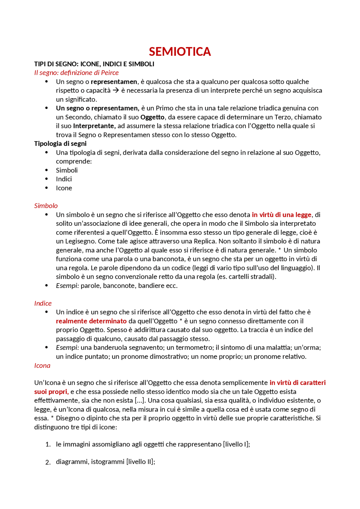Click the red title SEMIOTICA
(x=180, y=52)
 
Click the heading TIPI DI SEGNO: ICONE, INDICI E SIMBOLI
(x=94, y=64)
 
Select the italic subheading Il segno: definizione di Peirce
(x=76, y=73)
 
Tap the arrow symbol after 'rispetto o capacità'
(x=116, y=91)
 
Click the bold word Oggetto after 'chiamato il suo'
(x=152, y=117)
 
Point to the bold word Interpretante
(x=94, y=126)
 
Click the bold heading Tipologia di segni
(x=60, y=143)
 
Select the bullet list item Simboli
(x=67, y=170)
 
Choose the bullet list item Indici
(x=64, y=179)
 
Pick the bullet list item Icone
(x=64, y=188)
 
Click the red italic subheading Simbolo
(x=46, y=206)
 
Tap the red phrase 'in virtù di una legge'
(x=282, y=215)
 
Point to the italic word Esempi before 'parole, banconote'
(x=67, y=286)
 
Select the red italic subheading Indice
(x=43, y=303)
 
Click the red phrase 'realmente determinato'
(x=91, y=321)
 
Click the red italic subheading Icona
(x=42, y=366)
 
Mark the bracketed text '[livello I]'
(x=236, y=444)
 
